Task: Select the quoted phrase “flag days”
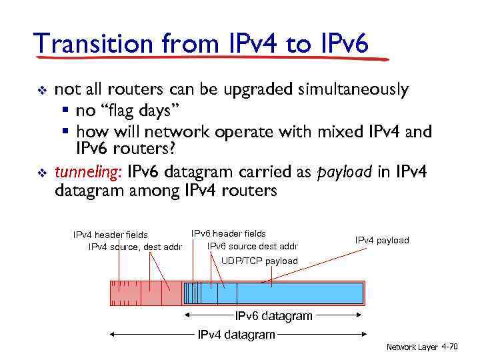tap(138, 109)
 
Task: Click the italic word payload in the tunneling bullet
tap(344, 173)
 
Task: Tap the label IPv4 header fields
tap(110, 235)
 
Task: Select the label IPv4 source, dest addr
tap(135, 247)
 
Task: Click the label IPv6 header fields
tap(228, 233)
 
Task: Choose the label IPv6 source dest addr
tap(253, 246)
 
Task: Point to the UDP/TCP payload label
tap(259, 261)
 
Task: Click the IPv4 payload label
tap(382, 240)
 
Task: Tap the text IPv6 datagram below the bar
tap(273, 315)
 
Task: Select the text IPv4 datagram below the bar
tap(237, 334)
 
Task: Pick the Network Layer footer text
tap(412, 347)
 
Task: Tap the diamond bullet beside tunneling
tap(41, 173)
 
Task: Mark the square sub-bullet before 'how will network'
tap(65, 131)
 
